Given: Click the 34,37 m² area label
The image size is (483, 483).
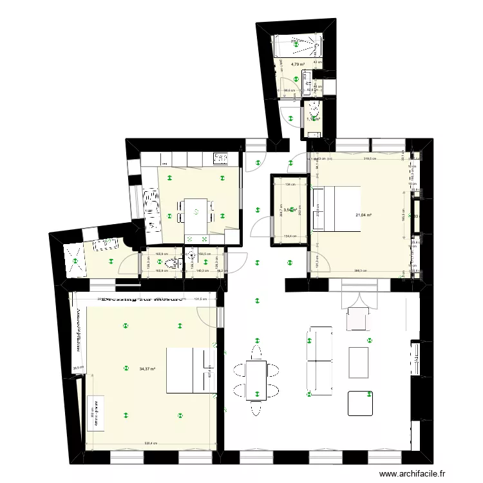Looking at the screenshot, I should click(147, 369).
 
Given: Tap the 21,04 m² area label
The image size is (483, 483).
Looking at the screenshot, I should click(365, 215).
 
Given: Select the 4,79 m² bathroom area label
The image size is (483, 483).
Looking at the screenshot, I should click(298, 64).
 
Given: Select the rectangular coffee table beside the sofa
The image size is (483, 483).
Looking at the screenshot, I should click(358, 363).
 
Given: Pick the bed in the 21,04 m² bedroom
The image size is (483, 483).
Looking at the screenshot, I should click(336, 207).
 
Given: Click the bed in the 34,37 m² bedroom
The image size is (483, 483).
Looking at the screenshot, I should click(189, 370).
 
